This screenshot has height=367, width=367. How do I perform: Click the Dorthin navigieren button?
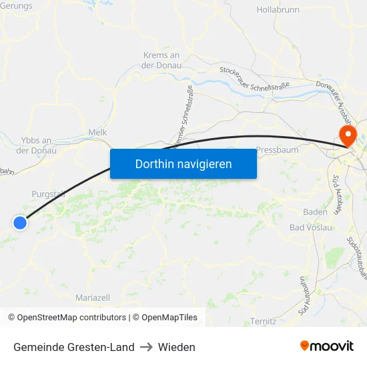coord(183,163)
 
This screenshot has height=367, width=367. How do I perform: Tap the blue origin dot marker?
coord(20,223)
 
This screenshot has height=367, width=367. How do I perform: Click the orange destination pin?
coord(348,135)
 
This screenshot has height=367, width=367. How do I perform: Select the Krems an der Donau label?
coord(161,60)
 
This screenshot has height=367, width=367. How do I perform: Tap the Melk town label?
coord(97,133)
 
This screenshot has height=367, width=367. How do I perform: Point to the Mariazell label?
coord(93,298)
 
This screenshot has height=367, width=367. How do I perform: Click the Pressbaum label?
coord(277,150)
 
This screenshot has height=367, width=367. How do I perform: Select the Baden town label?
coord(315,212)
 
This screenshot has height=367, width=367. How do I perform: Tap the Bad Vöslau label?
coord(311,228)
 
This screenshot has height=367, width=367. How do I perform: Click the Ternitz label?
coord(264,322)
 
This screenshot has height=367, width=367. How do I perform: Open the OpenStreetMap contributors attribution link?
coord(71,318)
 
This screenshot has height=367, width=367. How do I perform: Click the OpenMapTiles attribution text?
coord(167,318)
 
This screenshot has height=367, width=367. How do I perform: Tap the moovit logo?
coord(326,346)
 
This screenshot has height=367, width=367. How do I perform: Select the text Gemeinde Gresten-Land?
coord(73,347)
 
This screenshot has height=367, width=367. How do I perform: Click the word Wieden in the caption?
coord(177,347)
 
